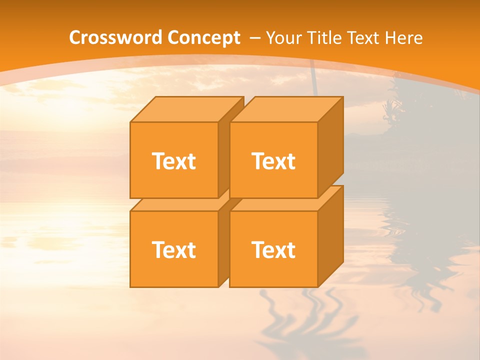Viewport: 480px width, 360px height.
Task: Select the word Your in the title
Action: (284, 38)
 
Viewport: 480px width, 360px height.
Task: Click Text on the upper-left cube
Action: (173, 161)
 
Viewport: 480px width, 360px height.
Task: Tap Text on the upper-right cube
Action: (273, 161)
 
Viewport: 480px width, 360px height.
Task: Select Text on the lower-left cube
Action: (173, 249)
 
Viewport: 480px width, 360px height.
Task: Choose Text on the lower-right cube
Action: (273, 249)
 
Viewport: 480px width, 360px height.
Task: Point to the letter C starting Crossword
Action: (75, 38)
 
